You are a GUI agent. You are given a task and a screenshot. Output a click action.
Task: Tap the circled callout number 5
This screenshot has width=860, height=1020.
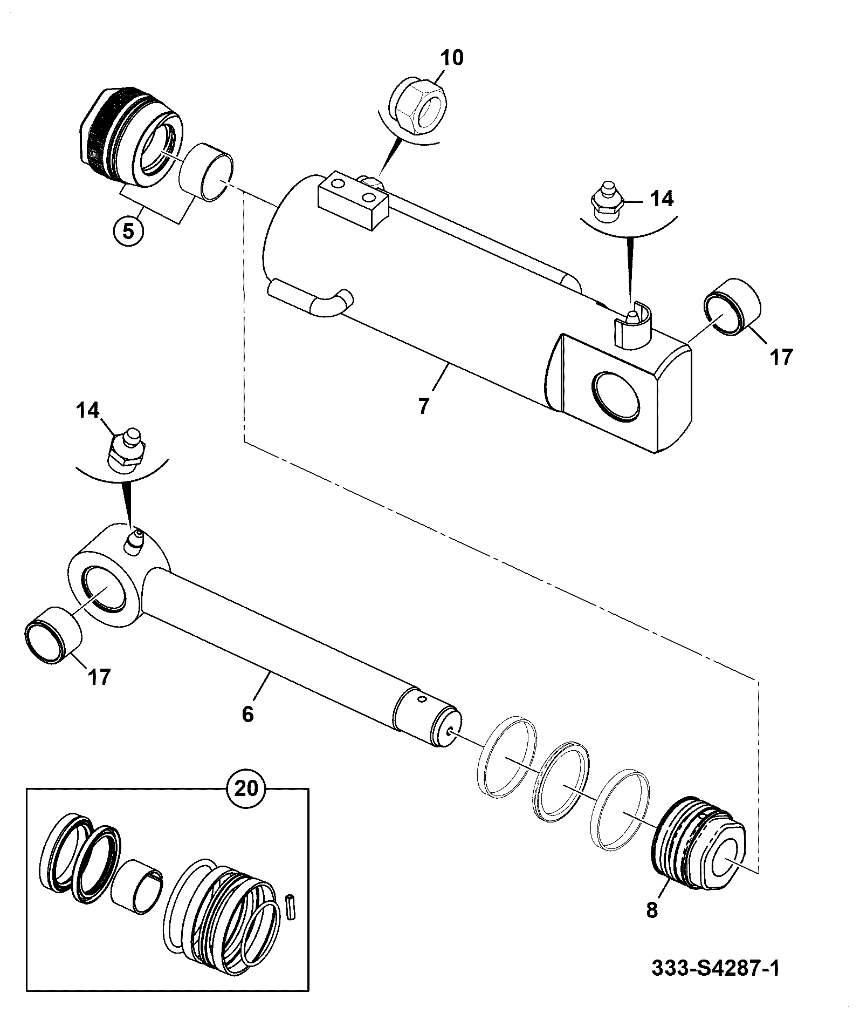point(128,231)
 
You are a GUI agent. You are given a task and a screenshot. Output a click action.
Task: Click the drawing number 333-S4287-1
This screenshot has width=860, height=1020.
point(715,968)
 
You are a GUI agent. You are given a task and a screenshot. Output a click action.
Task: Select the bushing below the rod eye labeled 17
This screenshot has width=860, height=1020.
point(53,633)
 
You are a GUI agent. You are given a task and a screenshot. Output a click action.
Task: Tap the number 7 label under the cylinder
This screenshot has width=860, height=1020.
point(424,406)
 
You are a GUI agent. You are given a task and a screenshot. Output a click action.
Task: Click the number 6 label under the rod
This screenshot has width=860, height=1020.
point(247,715)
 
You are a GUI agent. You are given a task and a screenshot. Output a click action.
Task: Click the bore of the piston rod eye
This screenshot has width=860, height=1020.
point(104,590)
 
